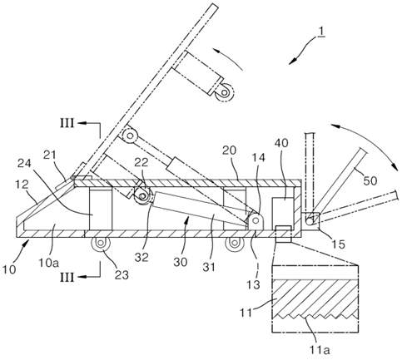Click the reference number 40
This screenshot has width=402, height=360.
[281, 143]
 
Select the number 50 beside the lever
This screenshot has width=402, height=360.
[370, 180]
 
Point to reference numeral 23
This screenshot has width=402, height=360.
[122, 275]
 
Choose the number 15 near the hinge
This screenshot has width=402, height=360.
[338, 244]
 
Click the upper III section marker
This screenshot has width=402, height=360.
[67, 123]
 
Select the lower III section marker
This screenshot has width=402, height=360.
[67, 277]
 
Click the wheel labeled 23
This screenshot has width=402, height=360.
[101, 243]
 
